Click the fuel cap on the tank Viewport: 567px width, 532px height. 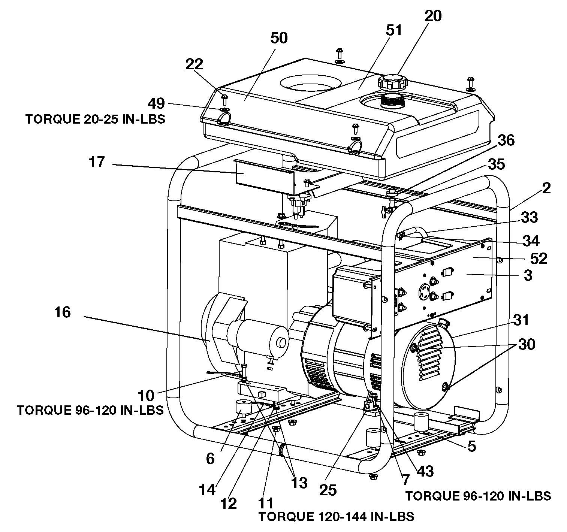(393, 82)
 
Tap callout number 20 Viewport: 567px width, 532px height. (433, 16)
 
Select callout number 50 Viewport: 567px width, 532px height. (279, 38)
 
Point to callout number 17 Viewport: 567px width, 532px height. (97, 162)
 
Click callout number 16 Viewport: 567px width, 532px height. (63, 312)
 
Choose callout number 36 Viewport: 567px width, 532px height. (506, 140)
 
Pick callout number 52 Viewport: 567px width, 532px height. (539, 259)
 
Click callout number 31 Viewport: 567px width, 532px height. (521, 320)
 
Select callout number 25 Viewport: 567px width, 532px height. (328, 490)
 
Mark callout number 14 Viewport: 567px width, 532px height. (207, 490)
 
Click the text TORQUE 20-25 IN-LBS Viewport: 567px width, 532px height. (95, 119)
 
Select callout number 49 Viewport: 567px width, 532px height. (156, 103)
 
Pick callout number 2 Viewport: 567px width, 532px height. (546, 188)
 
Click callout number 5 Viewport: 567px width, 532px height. (472, 446)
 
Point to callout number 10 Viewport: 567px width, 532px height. (146, 396)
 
